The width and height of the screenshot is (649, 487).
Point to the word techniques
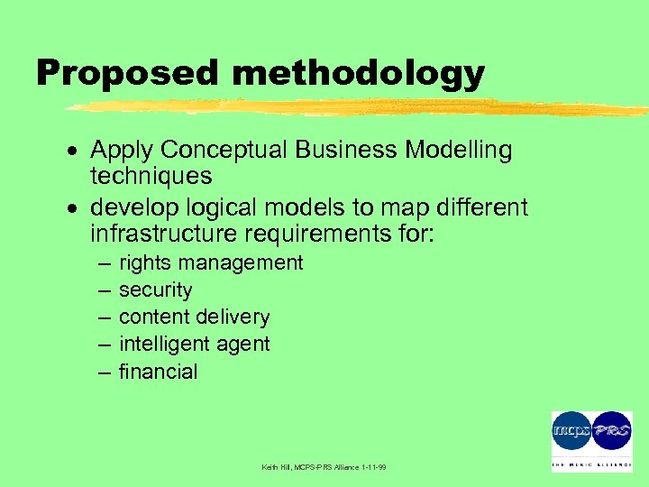[151, 176]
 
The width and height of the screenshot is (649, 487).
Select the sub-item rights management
[211, 263]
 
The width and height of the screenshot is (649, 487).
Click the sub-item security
[155, 290]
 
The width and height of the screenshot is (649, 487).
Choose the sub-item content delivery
[194, 317]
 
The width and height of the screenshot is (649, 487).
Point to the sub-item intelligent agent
[194, 345]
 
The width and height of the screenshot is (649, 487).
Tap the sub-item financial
[158, 372]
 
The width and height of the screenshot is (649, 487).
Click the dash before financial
[105, 372]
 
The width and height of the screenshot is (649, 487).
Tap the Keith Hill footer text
[324, 467]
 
